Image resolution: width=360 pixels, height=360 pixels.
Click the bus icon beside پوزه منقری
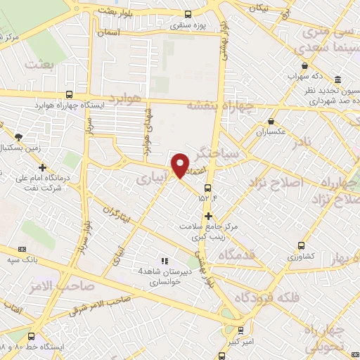(188, 14)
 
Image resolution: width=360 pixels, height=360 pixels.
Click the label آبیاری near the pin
(152, 179)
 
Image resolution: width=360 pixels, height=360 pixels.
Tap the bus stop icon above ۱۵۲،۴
(207, 188)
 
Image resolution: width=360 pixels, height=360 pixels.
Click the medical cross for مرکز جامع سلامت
(208, 215)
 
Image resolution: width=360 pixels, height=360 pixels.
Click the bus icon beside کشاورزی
(302, 246)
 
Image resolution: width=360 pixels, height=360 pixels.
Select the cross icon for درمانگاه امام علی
(44, 168)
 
